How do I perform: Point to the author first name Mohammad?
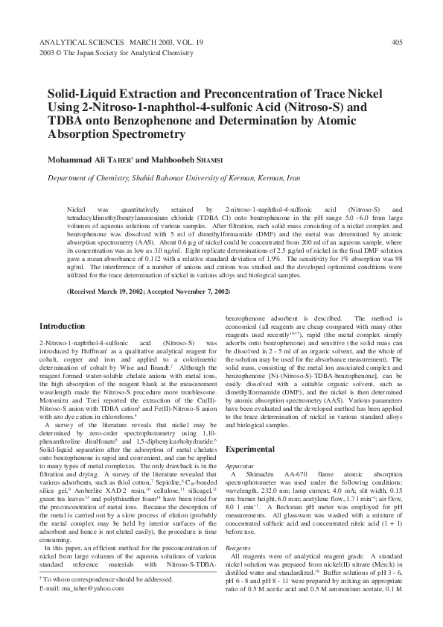tap(71, 160)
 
